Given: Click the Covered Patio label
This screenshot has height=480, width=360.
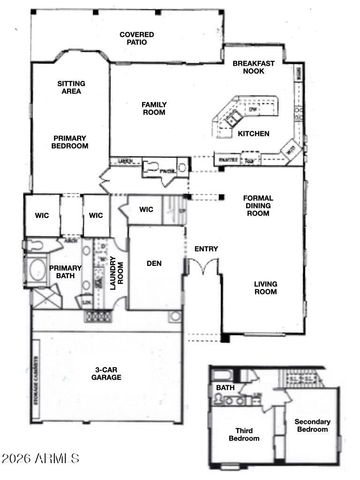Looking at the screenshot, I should pyautogui.click(x=137, y=39).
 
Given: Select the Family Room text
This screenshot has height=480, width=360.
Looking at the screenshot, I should pyautogui.click(x=155, y=108).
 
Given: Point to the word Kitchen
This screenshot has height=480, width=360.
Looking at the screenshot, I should pyautogui.click(x=253, y=133).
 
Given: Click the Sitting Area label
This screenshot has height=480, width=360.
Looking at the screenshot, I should pyautogui.click(x=70, y=87).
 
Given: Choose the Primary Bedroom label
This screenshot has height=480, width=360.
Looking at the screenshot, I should pyautogui.click(x=70, y=141).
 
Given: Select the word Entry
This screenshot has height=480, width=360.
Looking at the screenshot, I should pyautogui.click(x=207, y=249).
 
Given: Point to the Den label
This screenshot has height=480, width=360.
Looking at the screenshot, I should pyautogui.click(x=154, y=264).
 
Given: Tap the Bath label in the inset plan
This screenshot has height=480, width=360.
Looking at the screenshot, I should pyautogui.click(x=226, y=388).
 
